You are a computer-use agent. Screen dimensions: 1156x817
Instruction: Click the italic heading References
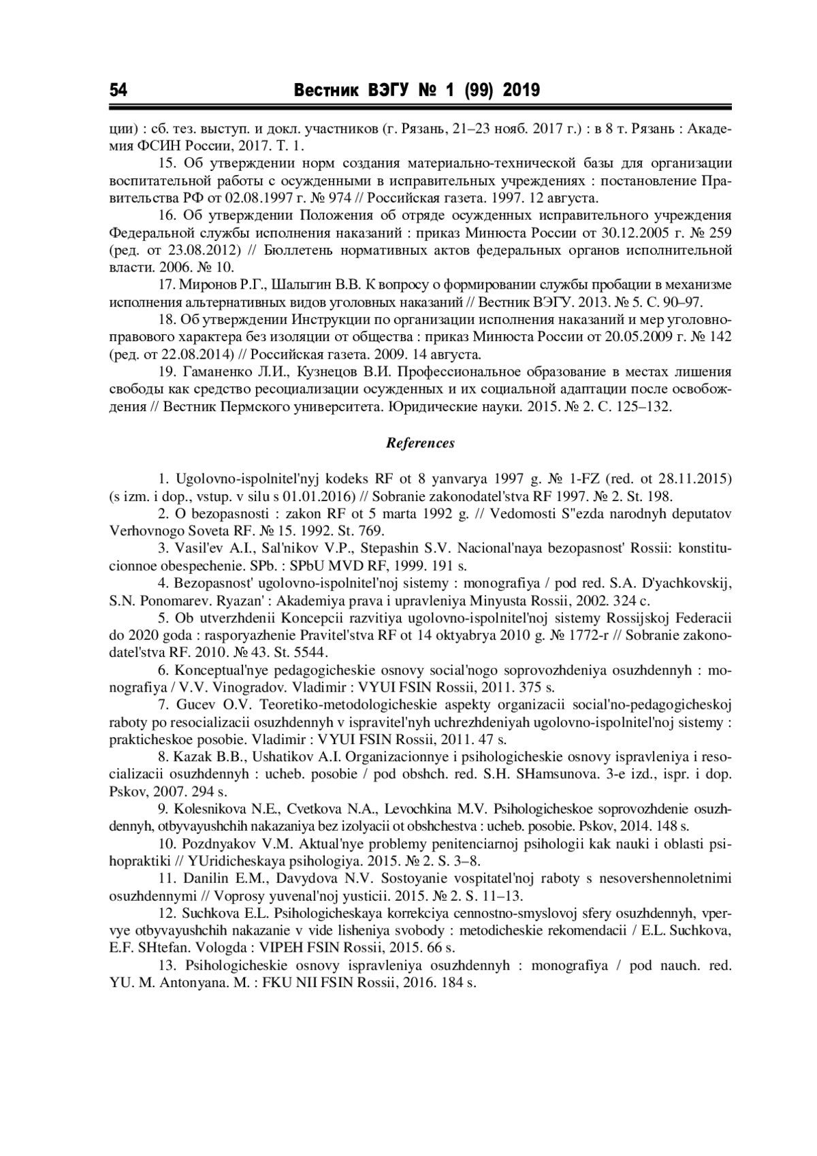[420, 443]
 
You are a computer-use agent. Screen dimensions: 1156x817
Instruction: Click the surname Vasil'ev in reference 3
[199, 548]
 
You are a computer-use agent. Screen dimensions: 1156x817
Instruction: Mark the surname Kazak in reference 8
[194, 757]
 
